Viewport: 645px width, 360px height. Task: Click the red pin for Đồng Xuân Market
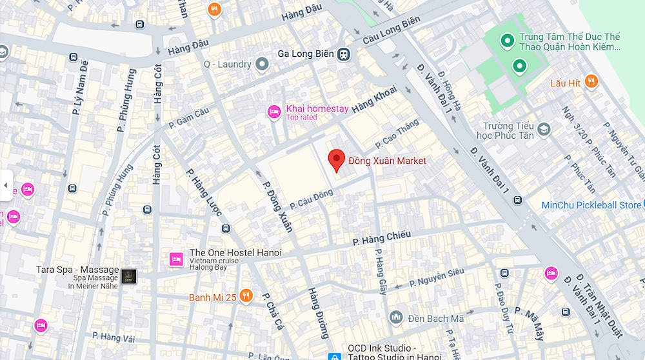336,159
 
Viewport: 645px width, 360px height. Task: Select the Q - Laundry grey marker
262,64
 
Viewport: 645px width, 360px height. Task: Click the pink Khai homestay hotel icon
274,112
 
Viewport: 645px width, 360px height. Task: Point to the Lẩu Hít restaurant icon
591,82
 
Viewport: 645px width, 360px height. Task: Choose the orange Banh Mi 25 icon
246,296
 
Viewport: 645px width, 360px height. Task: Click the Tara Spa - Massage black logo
129,276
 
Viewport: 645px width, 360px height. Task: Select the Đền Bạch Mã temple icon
396,317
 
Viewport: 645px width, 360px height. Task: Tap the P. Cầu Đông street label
312,199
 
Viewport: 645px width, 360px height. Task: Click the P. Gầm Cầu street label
188,117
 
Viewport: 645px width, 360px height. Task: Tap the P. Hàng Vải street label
113,336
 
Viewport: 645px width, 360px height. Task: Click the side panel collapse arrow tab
6,186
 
